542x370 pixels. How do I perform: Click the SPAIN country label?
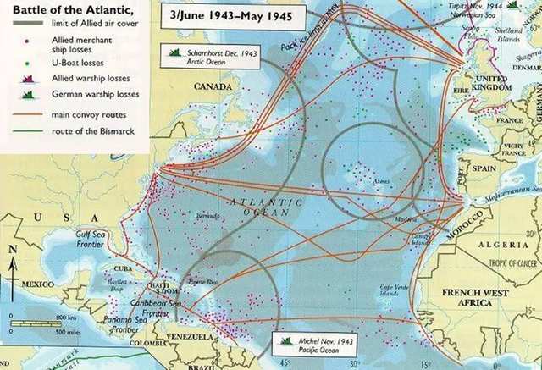[484, 168]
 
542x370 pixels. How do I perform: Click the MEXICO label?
[37, 284]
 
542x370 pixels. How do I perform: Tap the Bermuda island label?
[207, 217]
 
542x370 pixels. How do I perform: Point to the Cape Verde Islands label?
[396, 291]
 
